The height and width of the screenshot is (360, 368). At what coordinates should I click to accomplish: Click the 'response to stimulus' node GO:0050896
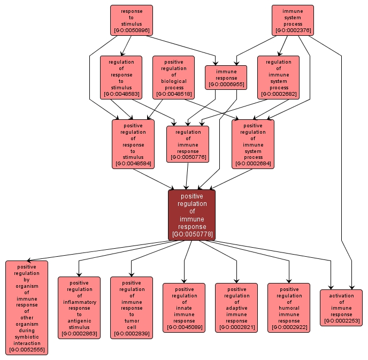tap(132, 20)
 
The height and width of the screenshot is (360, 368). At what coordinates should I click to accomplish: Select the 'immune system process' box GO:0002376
tap(293, 20)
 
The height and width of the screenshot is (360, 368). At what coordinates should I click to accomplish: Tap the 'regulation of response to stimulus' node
tap(121, 78)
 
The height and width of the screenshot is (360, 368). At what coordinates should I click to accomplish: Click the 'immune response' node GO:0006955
tap(226, 77)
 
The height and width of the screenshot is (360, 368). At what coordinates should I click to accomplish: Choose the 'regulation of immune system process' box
tap(279, 78)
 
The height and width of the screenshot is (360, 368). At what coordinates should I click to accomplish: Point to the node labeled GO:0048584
tap(133, 144)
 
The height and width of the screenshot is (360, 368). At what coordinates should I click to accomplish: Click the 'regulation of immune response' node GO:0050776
tap(188, 144)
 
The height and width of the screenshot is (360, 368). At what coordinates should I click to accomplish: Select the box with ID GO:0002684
tap(253, 144)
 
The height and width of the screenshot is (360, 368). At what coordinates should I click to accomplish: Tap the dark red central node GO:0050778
tap(191, 215)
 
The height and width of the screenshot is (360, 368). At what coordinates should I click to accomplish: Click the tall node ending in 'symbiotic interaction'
tap(27, 308)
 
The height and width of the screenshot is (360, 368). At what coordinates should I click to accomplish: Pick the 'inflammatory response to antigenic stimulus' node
tap(79, 308)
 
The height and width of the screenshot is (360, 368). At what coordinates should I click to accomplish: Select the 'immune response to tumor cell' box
tap(132, 308)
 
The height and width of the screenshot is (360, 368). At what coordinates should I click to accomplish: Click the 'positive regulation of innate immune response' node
tap(184, 308)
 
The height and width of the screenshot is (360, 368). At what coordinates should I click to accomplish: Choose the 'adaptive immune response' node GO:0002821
tap(236, 308)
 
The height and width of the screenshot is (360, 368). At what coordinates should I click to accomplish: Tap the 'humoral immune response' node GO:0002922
tap(289, 308)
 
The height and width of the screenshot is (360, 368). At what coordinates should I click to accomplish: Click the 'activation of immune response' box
tap(341, 308)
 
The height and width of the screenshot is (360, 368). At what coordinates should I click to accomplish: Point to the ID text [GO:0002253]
tap(341, 321)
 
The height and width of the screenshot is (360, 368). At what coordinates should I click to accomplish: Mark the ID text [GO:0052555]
tap(27, 350)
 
